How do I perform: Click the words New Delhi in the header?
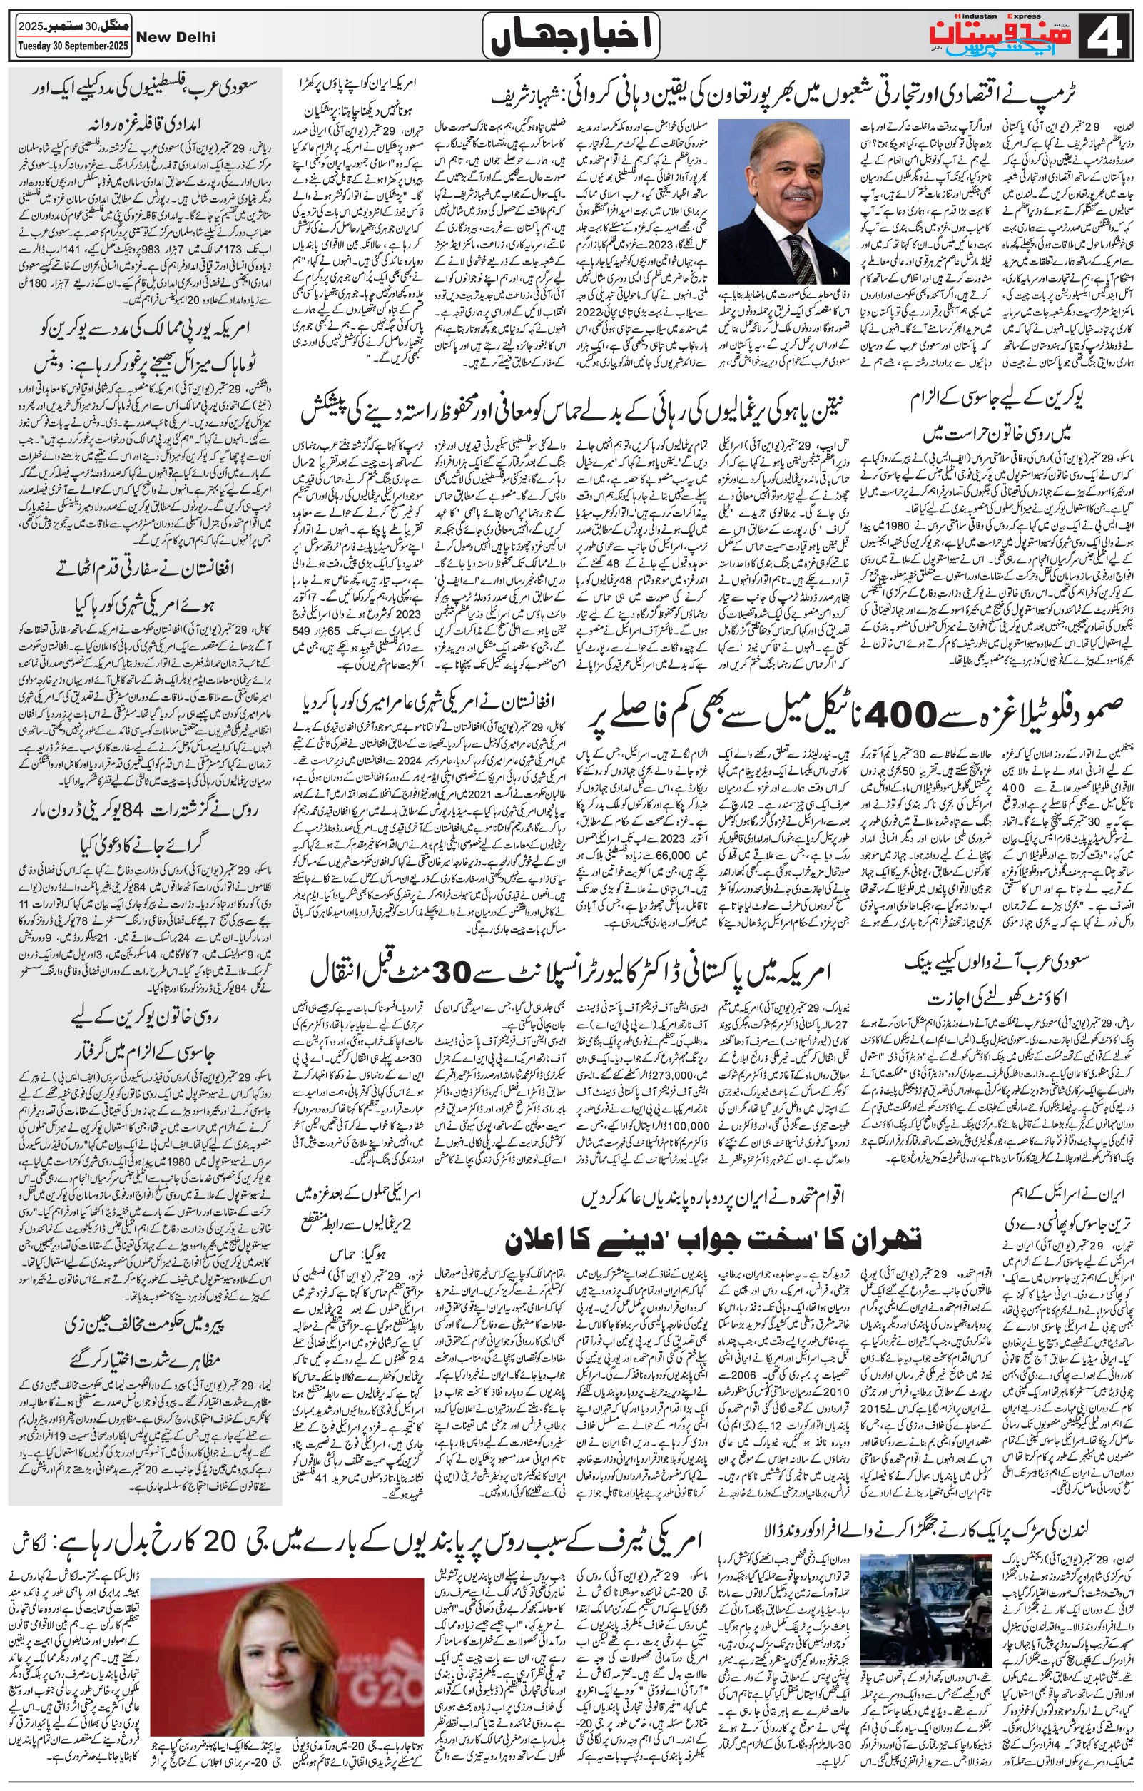[x=178, y=37]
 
